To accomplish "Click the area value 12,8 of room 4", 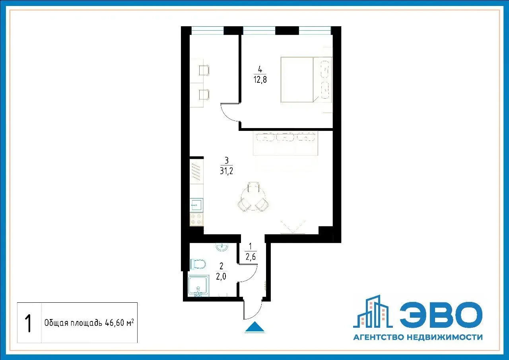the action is pos(260,80).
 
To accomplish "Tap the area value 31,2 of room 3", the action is pos(227,171).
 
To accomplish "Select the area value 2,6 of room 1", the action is pos(251,257).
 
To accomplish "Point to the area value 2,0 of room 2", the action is pos(221,276).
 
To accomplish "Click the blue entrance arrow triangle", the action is pos(254,327).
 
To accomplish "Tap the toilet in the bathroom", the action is pos(198,264).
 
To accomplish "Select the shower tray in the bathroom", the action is pos(198,286).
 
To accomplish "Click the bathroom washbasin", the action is pos(221,247).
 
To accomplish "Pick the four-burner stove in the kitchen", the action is pos(196,219).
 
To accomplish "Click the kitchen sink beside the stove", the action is pos(196,205).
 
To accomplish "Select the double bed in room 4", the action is pos(307,80).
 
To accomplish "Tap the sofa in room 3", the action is pos(286,144).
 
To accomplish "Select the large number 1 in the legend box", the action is pos(29,323).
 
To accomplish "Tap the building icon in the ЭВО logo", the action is pos(373,311).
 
